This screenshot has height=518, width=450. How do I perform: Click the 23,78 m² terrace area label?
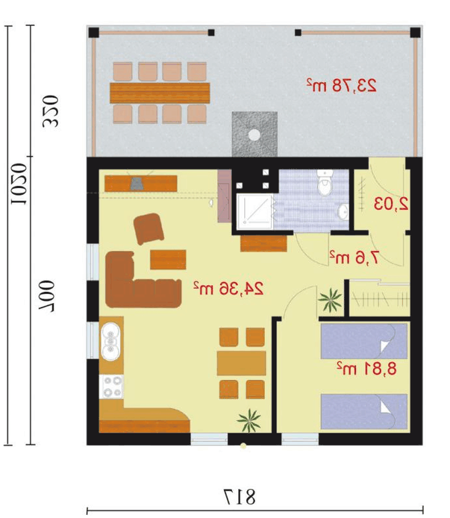click(341, 85)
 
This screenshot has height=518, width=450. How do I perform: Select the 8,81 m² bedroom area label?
click(366, 368)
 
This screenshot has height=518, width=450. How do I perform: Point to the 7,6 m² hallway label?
click(354, 257)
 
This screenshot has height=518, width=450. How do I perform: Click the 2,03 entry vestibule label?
click(391, 204)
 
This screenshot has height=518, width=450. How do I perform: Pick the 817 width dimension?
click(240, 497)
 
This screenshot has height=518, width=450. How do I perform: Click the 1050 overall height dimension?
click(19, 183)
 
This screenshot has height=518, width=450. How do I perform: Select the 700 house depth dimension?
click(46, 297)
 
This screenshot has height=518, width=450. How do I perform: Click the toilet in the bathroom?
click(325, 182)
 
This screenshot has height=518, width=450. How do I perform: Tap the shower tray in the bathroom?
click(255, 212)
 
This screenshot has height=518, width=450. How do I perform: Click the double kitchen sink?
click(111, 342)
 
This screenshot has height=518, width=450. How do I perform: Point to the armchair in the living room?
click(149, 228)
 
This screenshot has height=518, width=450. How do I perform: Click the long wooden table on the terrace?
click(160, 93)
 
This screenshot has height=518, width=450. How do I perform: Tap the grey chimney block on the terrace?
click(255, 134)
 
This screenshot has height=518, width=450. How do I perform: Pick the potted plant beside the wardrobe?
click(330, 300)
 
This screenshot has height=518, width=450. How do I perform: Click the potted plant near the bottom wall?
click(249, 420)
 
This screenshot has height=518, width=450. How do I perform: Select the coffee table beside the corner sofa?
click(168, 260)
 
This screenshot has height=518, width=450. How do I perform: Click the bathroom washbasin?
click(343, 212)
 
